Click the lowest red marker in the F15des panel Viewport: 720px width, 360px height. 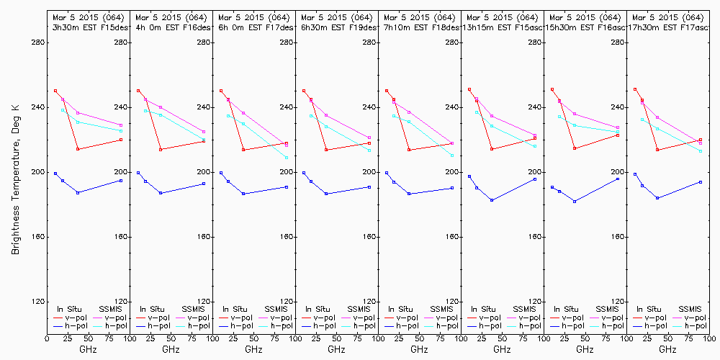(78, 149)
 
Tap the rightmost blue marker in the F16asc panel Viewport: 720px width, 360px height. (618, 178)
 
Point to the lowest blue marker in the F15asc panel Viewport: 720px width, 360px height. (492, 200)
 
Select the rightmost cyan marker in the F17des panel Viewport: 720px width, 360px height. (287, 158)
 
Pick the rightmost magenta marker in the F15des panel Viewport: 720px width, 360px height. (121, 125)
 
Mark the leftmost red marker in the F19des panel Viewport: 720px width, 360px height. (304, 91)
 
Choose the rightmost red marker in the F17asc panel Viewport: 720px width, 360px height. (701, 140)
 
